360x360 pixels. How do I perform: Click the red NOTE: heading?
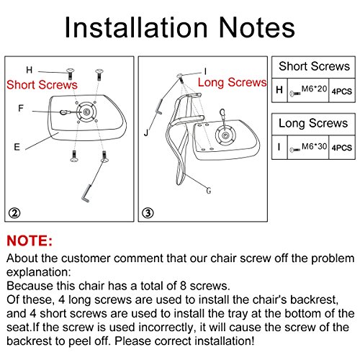pyautogui.click(x=30, y=240)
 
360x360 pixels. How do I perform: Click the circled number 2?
pyautogui.click(x=14, y=213)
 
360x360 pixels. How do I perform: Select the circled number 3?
pyautogui.click(x=148, y=213)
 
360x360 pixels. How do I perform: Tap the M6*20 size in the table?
pyautogui.click(x=314, y=89)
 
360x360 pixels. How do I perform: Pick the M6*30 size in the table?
pyautogui.click(x=314, y=146)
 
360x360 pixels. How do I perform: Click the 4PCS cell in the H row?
pyautogui.click(x=342, y=91)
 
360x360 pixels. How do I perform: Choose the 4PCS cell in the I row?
pyautogui.click(x=342, y=148)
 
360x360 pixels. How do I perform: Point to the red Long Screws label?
pyautogui.click(x=232, y=82)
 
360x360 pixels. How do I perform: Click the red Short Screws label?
pyautogui.click(x=42, y=85)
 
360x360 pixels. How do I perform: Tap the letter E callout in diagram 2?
pyautogui.click(x=17, y=147)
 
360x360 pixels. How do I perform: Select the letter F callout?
pyautogui.click(x=21, y=108)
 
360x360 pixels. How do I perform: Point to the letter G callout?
pyautogui.click(x=209, y=191)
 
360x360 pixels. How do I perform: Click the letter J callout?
pyautogui.click(x=146, y=132)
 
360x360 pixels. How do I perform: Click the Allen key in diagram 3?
pyautogui.click(x=159, y=106)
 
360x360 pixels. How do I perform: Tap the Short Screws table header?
pyautogui.click(x=314, y=66)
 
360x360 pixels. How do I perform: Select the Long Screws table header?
pyautogui.click(x=313, y=123)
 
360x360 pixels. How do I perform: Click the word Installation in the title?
pyautogui.click(x=136, y=27)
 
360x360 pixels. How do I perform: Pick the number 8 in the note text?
pyautogui.click(x=183, y=286)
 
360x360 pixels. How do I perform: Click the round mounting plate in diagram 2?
pyautogui.click(x=86, y=112)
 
